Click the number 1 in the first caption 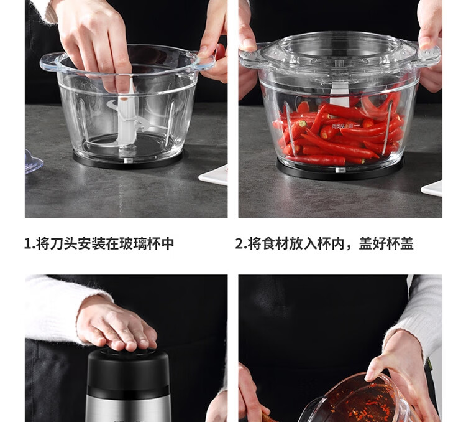(x=27, y=244)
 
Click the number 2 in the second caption (x=239, y=244)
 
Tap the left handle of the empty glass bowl (x=51, y=63)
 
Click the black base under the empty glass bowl (x=128, y=161)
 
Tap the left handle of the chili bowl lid (x=250, y=57)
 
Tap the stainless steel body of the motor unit (x=129, y=408)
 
